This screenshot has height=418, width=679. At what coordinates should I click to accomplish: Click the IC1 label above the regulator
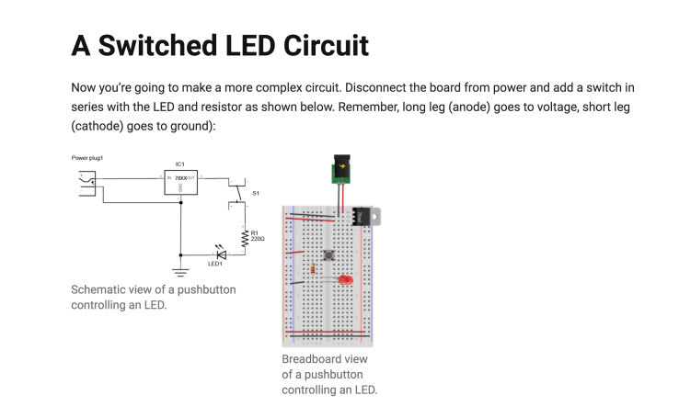click(179, 164)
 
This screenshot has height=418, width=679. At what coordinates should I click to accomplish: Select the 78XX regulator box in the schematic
click(179, 182)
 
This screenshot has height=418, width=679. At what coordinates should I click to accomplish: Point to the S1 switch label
click(256, 194)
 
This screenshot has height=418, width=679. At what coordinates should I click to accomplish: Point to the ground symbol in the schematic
click(180, 270)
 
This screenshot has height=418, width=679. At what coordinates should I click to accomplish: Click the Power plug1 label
click(88, 158)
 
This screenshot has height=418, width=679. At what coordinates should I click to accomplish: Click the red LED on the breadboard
click(346, 278)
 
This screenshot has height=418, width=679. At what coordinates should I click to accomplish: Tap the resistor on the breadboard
click(315, 269)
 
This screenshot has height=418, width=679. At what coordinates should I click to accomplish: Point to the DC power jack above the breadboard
click(341, 169)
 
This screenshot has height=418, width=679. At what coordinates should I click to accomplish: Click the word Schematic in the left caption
click(101, 289)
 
